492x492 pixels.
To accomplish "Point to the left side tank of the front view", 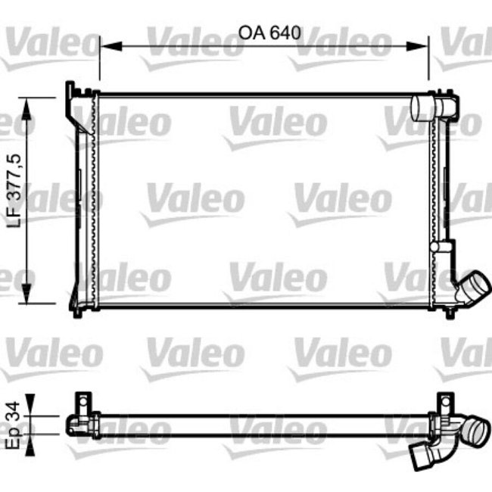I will pyautogui.click(x=83, y=201).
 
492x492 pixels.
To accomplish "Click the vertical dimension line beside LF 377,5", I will pyautogui.click(x=30, y=201).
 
